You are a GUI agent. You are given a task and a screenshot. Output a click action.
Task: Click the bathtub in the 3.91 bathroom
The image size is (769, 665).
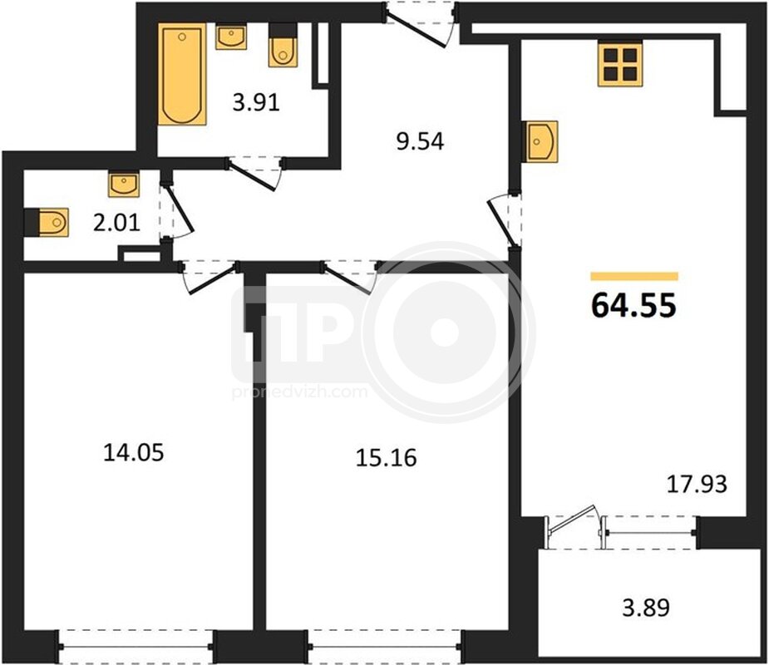(182, 74)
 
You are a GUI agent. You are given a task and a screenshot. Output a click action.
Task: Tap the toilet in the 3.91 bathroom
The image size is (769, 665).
(283, 46)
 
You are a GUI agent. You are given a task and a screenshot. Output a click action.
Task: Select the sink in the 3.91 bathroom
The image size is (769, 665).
(231, 37)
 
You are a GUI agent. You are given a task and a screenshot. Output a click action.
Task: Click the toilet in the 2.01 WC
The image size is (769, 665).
(47, 222)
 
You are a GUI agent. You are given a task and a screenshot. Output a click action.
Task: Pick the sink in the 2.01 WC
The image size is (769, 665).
(124, 184)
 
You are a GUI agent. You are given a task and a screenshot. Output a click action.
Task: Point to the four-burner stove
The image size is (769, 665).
(620, 64)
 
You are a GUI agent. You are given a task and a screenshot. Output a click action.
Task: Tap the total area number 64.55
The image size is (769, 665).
(633, 304)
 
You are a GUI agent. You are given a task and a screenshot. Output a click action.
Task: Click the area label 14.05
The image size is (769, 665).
(133, 452)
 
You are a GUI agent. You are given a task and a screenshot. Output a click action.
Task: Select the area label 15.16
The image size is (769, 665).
(386, 457)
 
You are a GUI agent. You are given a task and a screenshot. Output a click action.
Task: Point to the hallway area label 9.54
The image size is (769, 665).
(421, 141)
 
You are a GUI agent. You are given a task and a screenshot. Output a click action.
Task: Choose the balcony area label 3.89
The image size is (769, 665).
(646, 608)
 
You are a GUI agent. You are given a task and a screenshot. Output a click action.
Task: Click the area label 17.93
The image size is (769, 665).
(697, 484)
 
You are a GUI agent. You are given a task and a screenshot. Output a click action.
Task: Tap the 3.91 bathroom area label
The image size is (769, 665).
(256, 102)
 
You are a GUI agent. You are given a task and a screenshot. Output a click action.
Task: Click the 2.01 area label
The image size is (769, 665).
(116, 223)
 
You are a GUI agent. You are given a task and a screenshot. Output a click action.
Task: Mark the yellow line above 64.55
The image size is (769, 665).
(634, 277)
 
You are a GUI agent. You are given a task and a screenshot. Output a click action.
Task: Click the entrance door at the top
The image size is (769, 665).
(419, 23)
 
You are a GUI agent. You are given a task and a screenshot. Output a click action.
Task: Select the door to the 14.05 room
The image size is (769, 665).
(210, 277)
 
